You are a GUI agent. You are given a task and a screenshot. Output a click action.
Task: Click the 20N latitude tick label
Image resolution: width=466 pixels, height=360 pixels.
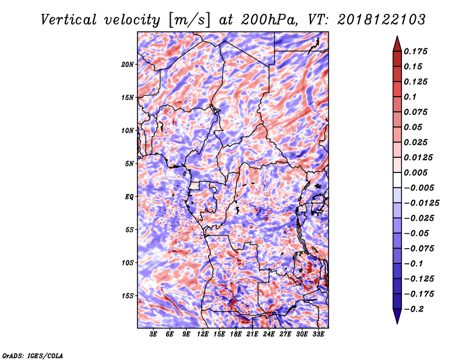pyautogui.click(x=127, y=65)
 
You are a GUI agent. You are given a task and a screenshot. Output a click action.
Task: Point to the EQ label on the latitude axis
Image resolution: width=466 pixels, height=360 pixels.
pyautogui.click(x=129, y=197)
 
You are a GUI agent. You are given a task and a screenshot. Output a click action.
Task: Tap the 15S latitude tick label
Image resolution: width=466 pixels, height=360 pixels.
pyautogui.click(x=128, y=296)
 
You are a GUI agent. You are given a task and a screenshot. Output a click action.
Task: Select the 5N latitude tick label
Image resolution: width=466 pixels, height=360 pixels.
pyautogui.click(x=129, y=164)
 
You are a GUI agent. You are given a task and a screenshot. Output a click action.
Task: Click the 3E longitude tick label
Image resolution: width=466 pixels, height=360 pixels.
pyautogui.click(x=153, y=334)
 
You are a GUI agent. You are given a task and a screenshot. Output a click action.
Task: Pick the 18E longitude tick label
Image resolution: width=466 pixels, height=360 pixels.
pyautogui.click(x=236, y=334)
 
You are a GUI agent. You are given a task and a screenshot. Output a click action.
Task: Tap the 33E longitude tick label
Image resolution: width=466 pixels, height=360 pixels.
pyautogui.click(x=318, y=334)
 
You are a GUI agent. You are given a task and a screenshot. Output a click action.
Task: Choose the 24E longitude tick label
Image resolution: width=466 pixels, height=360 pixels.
pyautogui.click(x=269, y=334)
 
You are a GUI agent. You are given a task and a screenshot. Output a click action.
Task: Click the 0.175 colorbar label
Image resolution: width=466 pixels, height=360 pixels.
pyautogui.click(x=415, y=51)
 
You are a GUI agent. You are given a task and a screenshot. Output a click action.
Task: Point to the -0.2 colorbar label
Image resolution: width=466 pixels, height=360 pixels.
pyautogui.click(x=414, y=309)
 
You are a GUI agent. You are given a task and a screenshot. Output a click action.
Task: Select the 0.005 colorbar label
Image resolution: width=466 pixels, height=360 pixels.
pyautogui.click(x=415, y=172)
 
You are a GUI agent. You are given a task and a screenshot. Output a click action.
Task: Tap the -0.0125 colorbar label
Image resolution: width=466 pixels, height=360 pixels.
pyautogui.click(x=421, y=203)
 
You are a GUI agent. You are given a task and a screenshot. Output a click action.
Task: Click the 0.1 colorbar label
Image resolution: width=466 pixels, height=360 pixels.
pyautogui.click(x=410, y=97)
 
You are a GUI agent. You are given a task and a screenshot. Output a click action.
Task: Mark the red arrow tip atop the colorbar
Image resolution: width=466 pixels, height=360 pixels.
pyautogui.click(x=397, y=36)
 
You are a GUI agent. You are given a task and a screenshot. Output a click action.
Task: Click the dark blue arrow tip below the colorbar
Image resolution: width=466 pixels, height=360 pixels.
pyautogui.click(x=397, y=323)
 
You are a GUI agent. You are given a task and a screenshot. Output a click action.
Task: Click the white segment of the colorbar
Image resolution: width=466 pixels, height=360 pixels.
pyautogui.click(x=397, y=180)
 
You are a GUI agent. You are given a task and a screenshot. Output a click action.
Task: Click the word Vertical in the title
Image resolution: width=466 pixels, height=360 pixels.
pyautogui.click(x=69, y=20)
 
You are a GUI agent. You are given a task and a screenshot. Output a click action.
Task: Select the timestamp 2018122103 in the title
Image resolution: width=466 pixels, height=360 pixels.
pyautogui.click(x=382, y=20)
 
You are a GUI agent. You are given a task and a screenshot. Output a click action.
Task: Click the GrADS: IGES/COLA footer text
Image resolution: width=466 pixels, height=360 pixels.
pyautogui.click(x=33, y=355)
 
